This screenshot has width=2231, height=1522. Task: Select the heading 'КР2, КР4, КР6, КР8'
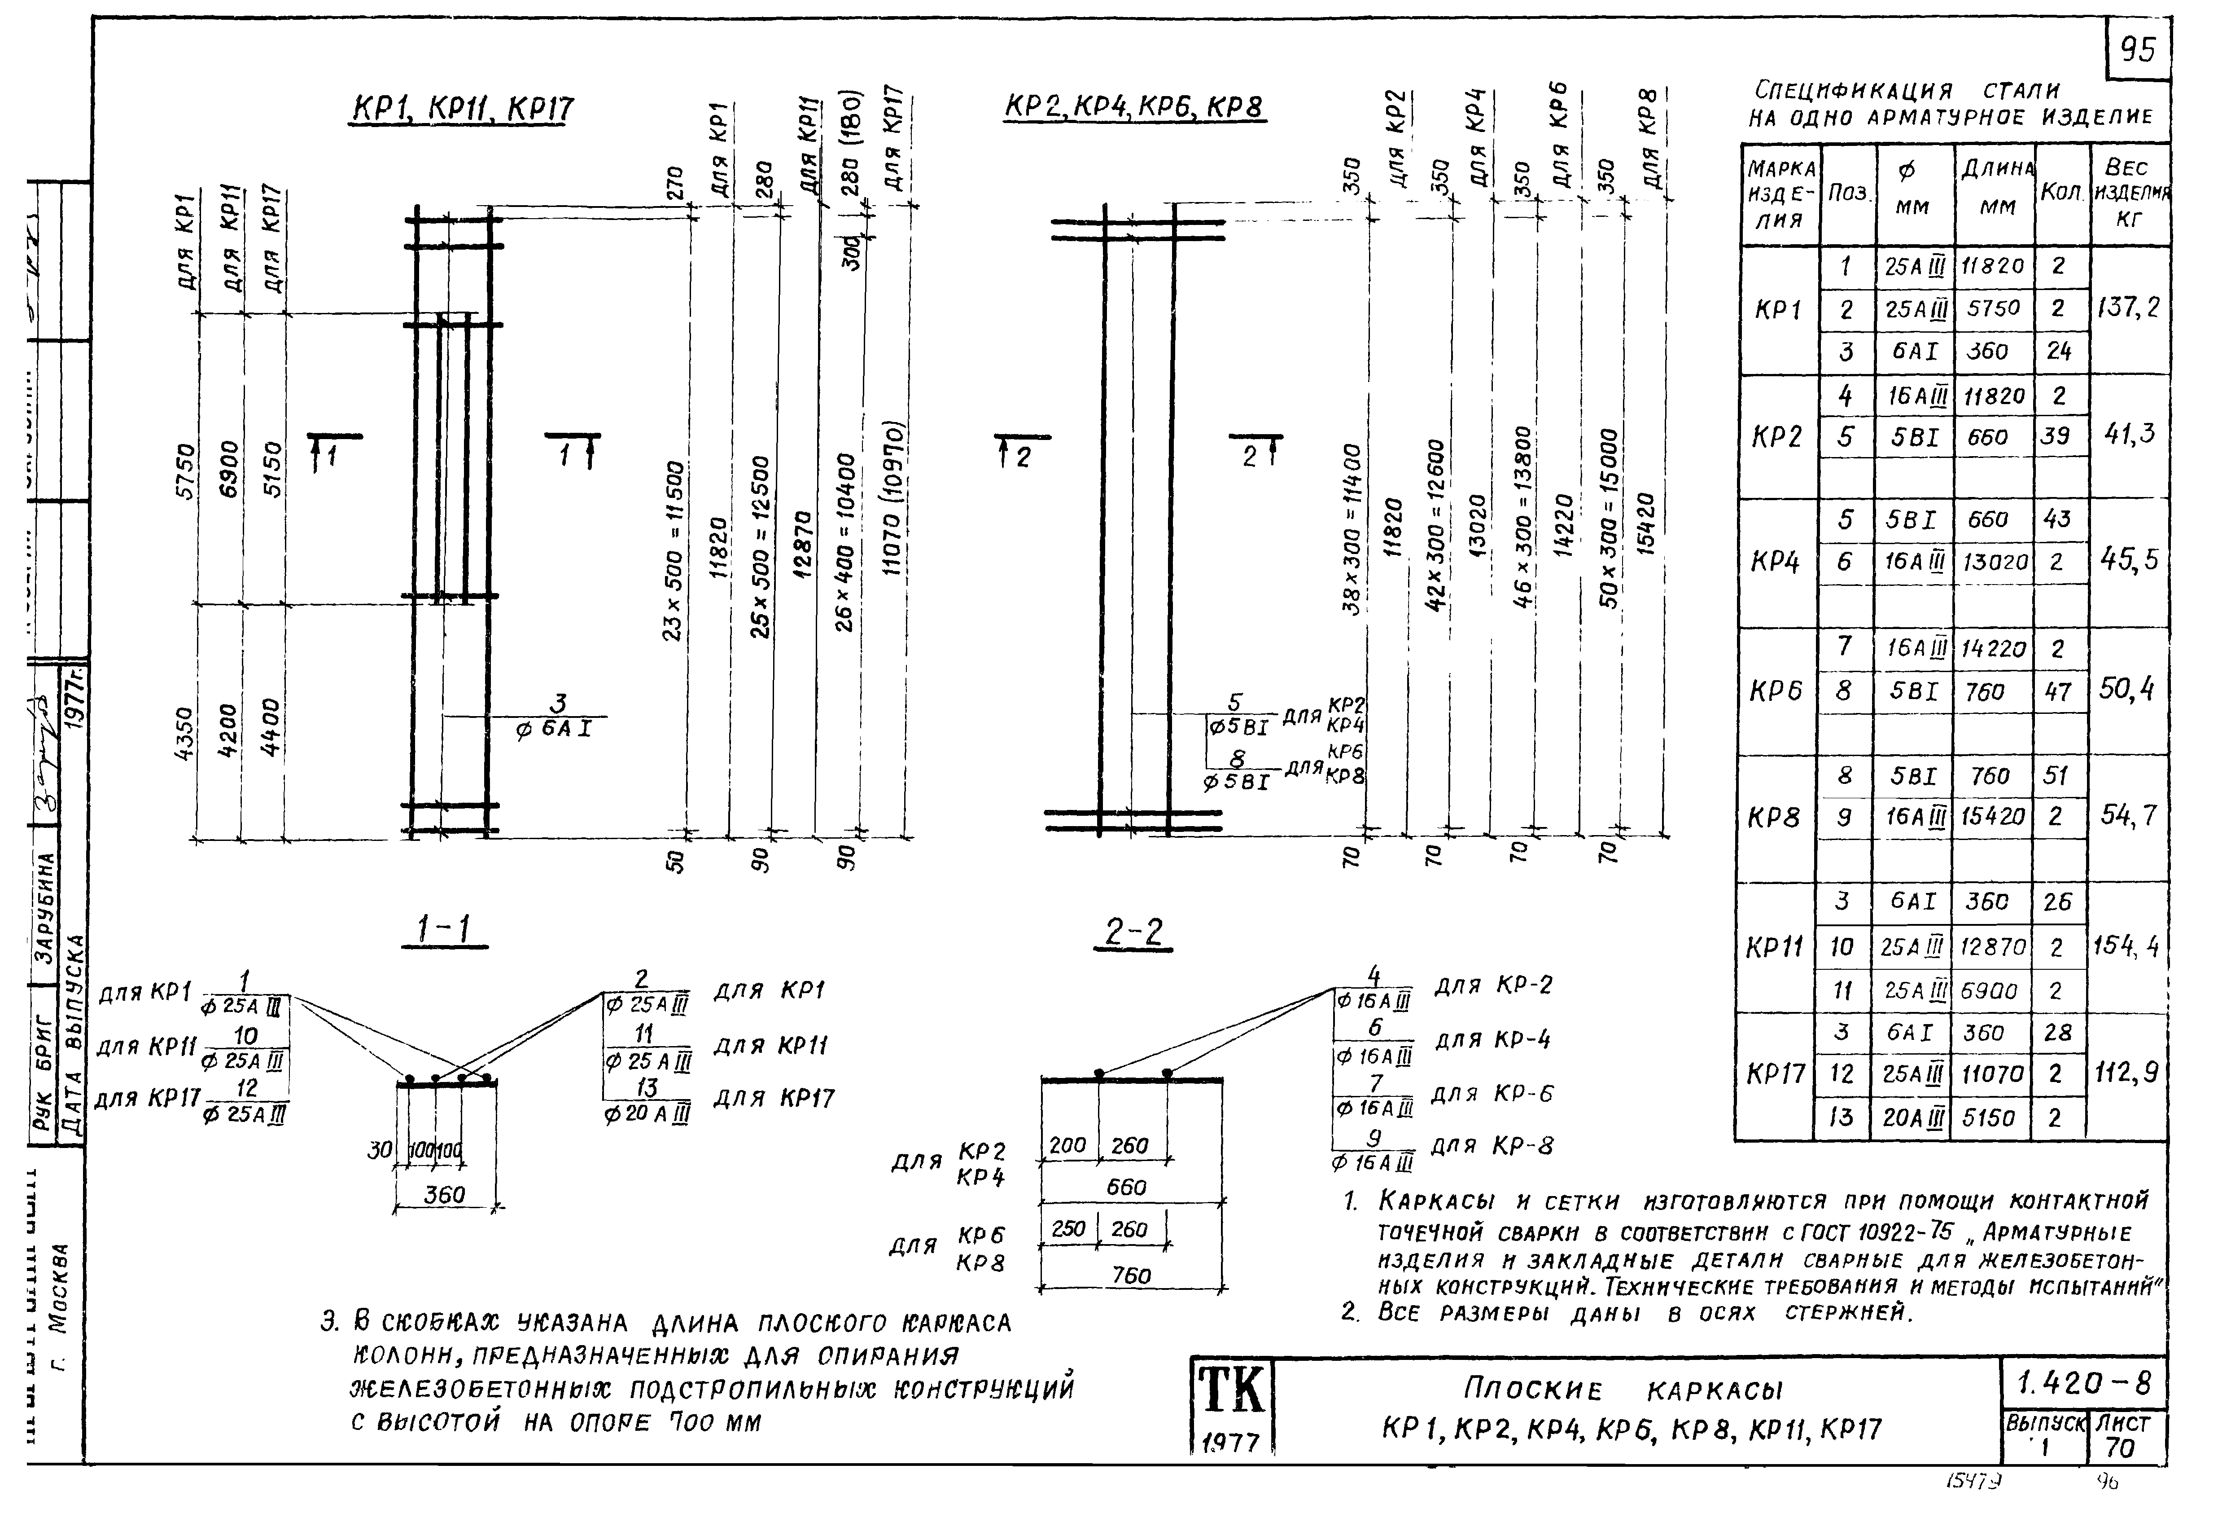point(1134,106)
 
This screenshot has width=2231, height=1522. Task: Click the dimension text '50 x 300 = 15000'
point(1609,519)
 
